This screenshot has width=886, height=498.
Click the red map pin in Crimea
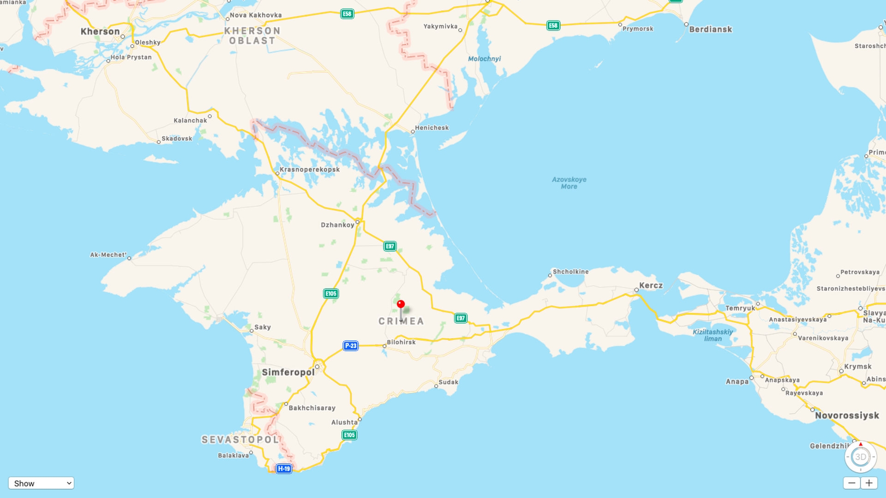(x=401, y=305)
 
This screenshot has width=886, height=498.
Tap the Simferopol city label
(x=288, y=372)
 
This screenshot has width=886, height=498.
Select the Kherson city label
(x=100, y=31)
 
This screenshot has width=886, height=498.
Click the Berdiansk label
(x=710, y=30)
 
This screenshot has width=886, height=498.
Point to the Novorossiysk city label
(x=847, y=415)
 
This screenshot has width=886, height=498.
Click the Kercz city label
(x=651, y=285)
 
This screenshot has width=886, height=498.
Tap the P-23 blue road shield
(x=351, y=345)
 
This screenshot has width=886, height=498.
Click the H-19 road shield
(x=284, y=469)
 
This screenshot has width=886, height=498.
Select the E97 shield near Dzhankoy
(x=390, y=246)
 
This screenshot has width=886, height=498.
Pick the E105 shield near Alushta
(x=349, y=435)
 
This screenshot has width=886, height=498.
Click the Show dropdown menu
(x=41, y=483)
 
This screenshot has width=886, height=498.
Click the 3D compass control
(x=861, y=457)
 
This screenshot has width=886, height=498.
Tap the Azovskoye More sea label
(x=569, y=183)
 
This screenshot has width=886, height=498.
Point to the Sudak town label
(x=448, y=382)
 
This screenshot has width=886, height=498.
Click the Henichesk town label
(x=431, y=128)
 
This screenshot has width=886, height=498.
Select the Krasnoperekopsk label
(x=310, y=169)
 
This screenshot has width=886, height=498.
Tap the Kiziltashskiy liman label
(x=712, y=335)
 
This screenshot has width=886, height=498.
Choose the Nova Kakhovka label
(x=256, y=15)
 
